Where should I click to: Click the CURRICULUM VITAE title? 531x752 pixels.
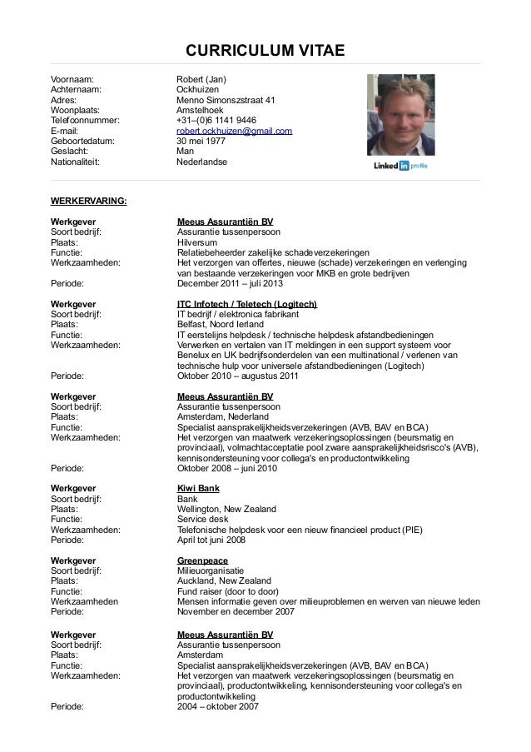point(265,52)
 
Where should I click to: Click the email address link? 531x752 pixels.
point(234,131)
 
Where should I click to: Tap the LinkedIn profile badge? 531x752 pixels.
point(402,167)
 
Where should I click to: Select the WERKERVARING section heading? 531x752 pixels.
point(88,202)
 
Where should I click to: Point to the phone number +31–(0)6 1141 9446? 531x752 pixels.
point(216,120)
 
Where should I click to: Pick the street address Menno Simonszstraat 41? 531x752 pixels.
point(226,100)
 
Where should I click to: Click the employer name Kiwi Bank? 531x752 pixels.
point(198,488)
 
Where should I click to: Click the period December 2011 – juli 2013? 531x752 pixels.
point(231,282)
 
